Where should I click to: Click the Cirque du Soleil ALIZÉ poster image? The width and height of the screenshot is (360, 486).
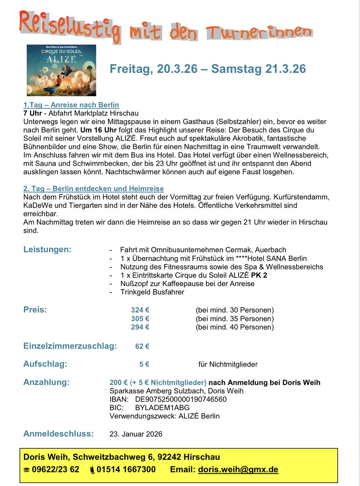tap(61, 70)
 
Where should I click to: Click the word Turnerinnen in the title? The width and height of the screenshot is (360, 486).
tap(259, 32)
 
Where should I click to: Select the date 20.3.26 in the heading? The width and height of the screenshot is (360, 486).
tap(177, 69)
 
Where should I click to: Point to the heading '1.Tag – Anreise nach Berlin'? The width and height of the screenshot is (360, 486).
tap(71, 105)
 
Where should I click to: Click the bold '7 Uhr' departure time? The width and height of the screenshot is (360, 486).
tap(33, 113)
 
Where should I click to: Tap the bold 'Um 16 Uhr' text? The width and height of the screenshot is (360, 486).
tap(98, 130)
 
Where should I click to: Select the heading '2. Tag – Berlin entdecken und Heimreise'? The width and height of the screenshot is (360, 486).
tap(94, 188)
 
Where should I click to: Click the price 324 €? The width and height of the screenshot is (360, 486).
tap(140, 310)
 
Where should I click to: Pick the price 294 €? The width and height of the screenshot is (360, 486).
tap(140, 327)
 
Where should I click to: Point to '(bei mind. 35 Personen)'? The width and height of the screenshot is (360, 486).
tap(235, 319)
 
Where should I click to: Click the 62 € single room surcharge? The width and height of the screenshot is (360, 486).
tap(142, 346)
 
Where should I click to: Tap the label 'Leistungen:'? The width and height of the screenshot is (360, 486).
tap(47, 249)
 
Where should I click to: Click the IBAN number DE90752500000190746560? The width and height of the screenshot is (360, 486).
tap(181, 399)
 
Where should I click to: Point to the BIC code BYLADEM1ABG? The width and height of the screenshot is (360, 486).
tap(162, 408)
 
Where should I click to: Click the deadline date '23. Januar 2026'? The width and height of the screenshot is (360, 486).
tap(136, 434)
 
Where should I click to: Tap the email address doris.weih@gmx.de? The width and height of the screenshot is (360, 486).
tap(238, 470)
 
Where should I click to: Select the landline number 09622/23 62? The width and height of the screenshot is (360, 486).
tap(55, 470)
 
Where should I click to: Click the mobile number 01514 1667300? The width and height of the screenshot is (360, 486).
tap(126, 470)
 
